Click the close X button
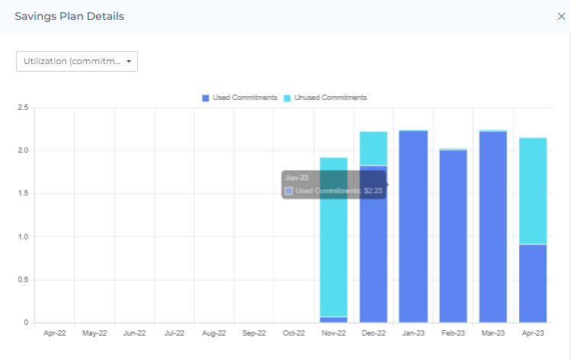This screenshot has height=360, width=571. coord(561,16)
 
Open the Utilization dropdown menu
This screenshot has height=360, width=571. coord(77,61)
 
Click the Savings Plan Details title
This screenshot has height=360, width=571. coord(69,16)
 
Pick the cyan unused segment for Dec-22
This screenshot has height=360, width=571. coord(374,148)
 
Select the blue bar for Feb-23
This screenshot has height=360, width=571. coord(453,236)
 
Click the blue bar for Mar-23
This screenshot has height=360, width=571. coord(493,229)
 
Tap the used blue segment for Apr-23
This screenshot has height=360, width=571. coord(533,282)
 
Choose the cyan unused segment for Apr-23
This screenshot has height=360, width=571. coord(533,191)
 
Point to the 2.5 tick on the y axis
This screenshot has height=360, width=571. coord(22,108)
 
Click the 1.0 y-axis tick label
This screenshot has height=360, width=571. coord(22,236)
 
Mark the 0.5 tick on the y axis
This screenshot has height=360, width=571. coord(22,280)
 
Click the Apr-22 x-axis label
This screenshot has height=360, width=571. coord(54,333)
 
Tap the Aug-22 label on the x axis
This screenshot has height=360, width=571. coord(214,333)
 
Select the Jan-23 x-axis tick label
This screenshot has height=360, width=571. coord(413,333)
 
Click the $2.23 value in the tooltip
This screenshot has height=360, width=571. coord(372,191)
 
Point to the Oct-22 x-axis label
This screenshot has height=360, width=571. coord(294,333)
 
